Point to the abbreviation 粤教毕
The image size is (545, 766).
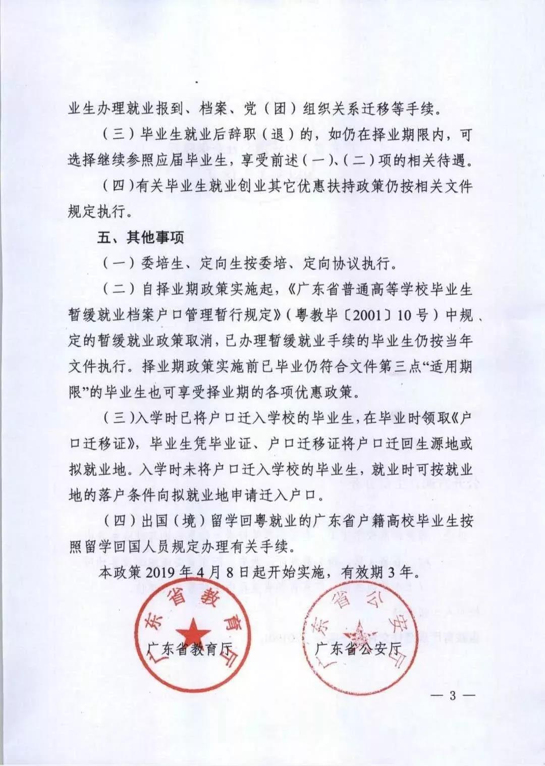[x=317, y=315]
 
